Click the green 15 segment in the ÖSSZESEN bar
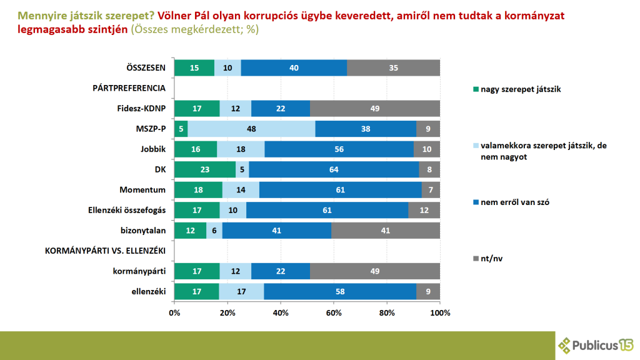tap(194, 67)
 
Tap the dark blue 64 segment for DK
tap(334, 169)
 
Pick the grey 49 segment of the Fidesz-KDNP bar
tap(375, 108)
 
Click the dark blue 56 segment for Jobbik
tap(339, 149)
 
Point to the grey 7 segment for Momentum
tap(431, 189)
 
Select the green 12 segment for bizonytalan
tap(191, 230)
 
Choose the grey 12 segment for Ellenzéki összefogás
tap(424, 210)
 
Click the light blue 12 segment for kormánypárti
tap(236, 271)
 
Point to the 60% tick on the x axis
tap(334, 311)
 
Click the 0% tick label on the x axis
tap(174, 311)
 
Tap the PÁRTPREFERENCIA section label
tap(129, 88)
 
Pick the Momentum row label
tap(143, 189)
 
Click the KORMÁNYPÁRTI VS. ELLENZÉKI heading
tap(105, 251)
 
